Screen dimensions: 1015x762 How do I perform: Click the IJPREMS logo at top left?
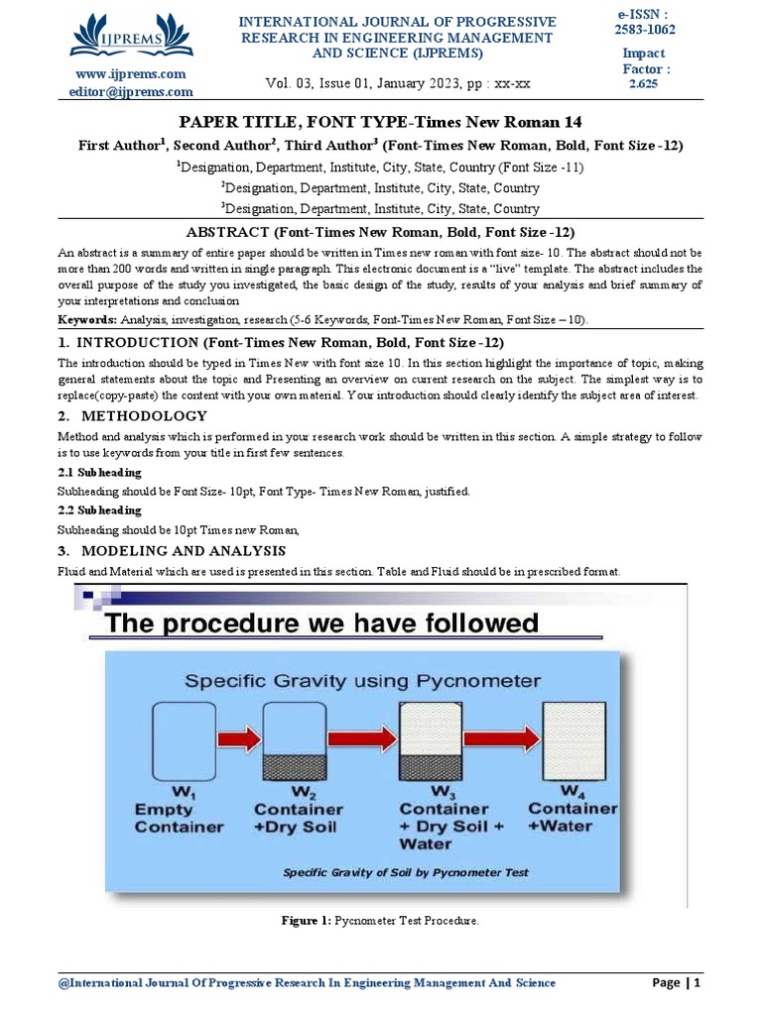(131, 36)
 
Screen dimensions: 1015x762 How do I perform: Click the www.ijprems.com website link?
(131, 74)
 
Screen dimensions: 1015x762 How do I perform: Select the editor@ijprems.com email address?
(131, 92)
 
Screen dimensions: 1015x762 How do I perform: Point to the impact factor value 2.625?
(645, 85)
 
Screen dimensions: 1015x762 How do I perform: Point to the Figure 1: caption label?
(307, 921)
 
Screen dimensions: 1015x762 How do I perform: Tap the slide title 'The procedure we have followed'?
(321, 623)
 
